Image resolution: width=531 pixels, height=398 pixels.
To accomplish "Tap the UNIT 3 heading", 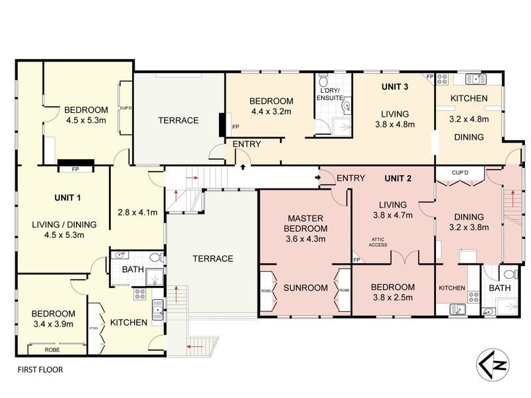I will click(395, 86).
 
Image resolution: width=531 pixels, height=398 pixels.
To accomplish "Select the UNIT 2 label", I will click(399, 178).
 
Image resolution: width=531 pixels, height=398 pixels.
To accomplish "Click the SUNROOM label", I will click(305, 288).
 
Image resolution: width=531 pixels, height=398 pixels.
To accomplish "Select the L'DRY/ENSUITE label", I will click(331, 94).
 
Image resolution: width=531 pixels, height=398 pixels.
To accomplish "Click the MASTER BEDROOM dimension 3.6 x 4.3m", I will click(305, 239).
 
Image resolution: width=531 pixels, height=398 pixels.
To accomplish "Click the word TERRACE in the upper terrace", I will click(178, 120).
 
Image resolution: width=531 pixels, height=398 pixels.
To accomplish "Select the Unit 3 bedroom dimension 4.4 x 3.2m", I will click(271, 111).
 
